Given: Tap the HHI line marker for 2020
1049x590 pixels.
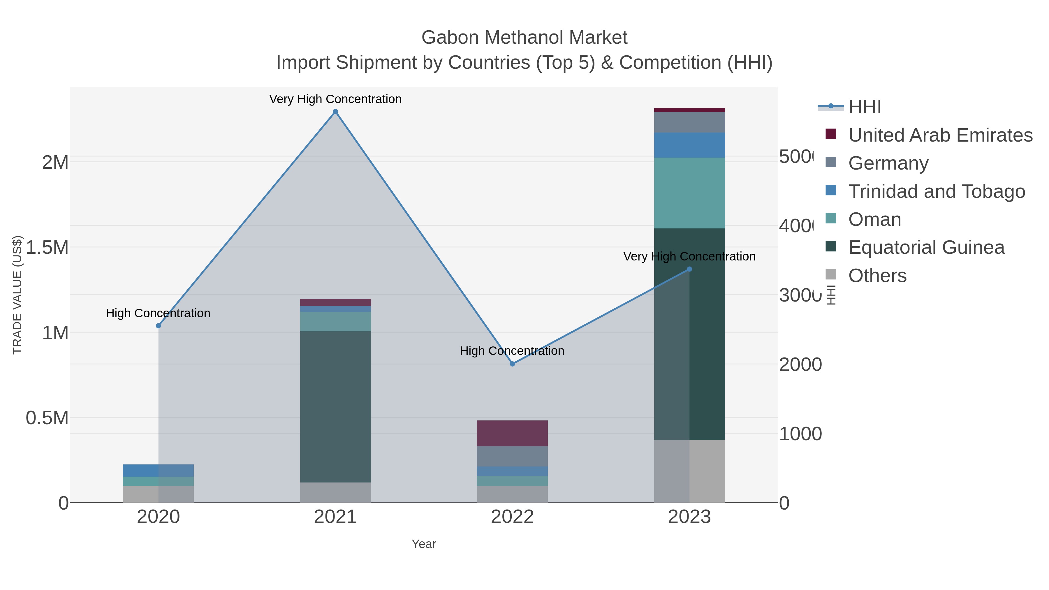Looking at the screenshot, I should [x=159, y=326].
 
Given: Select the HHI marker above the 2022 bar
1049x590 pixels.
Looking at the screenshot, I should [x=512, y=364].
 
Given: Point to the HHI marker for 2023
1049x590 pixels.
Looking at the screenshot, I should [x=689, y=269].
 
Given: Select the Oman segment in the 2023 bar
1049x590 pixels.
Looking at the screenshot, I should [x=689, y=193].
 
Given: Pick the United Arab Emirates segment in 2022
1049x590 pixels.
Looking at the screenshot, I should [x=512, y=433].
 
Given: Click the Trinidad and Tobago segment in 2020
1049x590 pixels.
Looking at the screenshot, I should [x=159, y=470].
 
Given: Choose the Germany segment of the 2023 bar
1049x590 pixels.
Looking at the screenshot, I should [x=689, y=122].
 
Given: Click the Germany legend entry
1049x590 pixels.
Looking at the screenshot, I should [x=888, y=163].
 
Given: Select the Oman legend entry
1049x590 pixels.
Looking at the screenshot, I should [x=874, y=219].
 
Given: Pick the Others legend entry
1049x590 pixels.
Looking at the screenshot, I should [x=877, y=275].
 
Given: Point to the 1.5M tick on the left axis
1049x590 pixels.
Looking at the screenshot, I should [x=47, y=247].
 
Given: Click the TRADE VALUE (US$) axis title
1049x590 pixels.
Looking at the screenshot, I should [x=17, y=295].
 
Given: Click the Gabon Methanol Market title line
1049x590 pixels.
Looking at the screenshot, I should [x=524, y=38].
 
